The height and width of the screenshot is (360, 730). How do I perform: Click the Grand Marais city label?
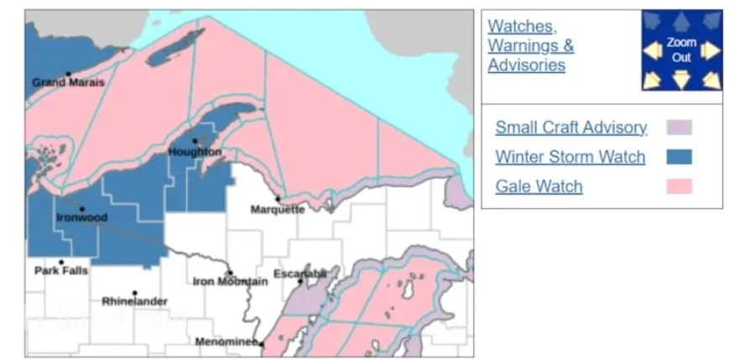[68, 82]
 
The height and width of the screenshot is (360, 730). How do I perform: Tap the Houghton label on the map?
[195, 152]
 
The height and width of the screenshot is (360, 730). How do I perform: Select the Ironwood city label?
[81, 217]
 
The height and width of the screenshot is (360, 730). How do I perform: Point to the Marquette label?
[279, 209]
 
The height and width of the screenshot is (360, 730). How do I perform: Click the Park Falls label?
[60, 271]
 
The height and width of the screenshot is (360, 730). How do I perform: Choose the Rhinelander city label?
[134, 300]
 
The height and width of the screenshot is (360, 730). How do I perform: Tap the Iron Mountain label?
[230, 281]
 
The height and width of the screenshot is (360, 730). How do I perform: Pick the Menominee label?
[227, 342]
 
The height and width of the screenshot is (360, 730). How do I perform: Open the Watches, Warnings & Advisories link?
[530, 45]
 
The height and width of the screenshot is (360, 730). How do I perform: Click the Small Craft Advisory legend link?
[571, 128]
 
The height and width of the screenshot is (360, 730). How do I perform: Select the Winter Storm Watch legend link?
[570, 157]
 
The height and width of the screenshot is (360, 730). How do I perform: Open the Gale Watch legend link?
[538, 186]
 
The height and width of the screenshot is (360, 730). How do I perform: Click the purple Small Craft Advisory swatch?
[679, 128]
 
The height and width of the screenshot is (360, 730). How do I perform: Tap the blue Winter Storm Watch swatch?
[679, 157]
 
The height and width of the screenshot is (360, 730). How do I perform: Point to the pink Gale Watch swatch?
[679, 186]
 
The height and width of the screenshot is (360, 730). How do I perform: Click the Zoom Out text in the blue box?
[681, 50]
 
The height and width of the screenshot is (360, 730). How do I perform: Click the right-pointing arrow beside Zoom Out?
[711, 51]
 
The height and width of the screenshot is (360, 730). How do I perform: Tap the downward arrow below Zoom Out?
[681, 81]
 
